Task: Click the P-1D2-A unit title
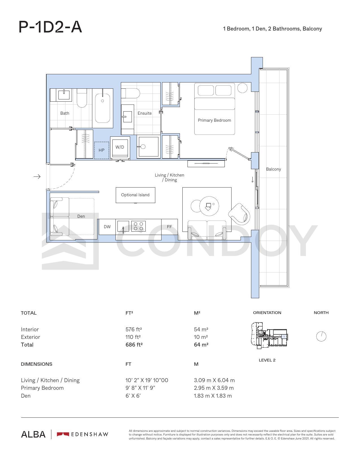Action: coord(50,27)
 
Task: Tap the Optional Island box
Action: coord(135,195)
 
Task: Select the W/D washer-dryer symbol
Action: coord(120,148)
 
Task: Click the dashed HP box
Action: coord(102,150)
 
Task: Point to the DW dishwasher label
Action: coord(107,227)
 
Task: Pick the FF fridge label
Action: coord(169,227)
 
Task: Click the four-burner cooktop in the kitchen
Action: coord(138,226)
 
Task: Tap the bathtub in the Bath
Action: coord(102,108)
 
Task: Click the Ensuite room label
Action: coord(145,113)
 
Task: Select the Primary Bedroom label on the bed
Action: coord(214,120)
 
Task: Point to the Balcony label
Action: coord(273,169)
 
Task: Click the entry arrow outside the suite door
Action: coord(37,177)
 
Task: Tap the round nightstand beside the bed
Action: coord(243,88)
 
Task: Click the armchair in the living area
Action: coord(239,214)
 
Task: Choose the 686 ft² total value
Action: coord(134,345)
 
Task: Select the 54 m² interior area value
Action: coord(201,329)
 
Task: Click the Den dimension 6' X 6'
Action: coord(133,396)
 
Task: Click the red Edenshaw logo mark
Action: coord(63,434)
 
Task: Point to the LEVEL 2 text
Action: coord(267,360)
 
